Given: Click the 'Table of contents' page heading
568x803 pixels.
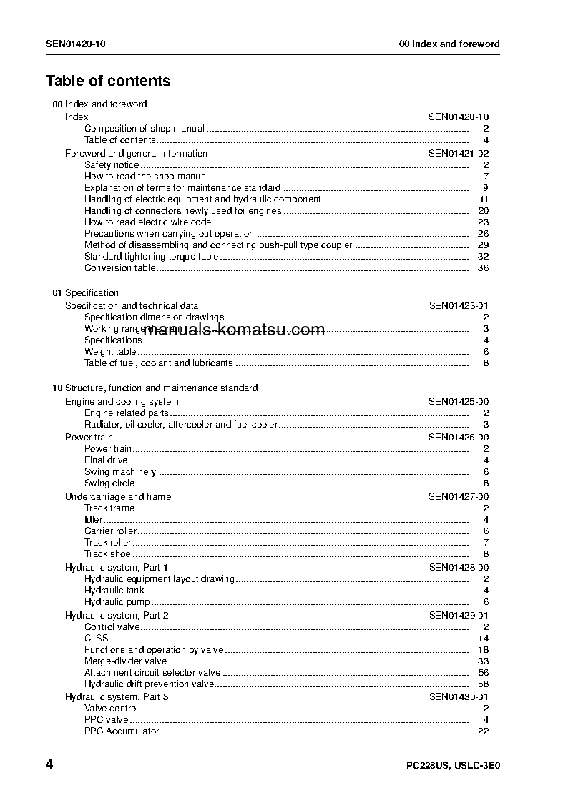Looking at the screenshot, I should tap(108, 81).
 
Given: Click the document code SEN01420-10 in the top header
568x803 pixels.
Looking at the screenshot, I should tap(76, 44).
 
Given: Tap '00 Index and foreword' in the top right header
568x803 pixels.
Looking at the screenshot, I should tap(449, 44).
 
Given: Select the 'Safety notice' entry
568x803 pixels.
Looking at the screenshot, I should tap(112, 165).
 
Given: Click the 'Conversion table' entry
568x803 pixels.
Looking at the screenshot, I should tap(119, 268).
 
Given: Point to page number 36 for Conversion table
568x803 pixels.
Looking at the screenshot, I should tap(483, 268).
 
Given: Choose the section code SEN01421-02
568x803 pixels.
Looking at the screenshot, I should tap(459, 153).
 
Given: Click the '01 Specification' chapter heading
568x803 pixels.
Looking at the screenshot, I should tap(86, 292).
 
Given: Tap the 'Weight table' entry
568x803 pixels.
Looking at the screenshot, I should tap(110, 352).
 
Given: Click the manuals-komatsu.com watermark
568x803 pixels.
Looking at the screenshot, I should tap(234, 330).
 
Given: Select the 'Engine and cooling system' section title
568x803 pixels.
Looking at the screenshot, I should tap(122, 402).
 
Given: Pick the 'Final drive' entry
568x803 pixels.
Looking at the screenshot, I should tap(106, 460).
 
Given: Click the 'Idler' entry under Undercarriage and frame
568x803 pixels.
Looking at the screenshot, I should tap(94, 520).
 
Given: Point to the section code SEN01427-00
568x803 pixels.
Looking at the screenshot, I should tap(459, 496).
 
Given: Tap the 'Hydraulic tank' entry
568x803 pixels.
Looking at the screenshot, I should tap(114, 591).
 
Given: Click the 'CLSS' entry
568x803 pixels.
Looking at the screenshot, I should tap(97, 639).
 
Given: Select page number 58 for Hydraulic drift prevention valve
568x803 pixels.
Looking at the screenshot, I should tap(483, 684).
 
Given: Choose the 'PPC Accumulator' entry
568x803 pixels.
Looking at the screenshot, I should tap(122, 731).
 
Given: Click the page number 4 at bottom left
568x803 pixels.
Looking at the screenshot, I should tap(49, 764).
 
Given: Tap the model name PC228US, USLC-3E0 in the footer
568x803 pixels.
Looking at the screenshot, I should tap(452, 766).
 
